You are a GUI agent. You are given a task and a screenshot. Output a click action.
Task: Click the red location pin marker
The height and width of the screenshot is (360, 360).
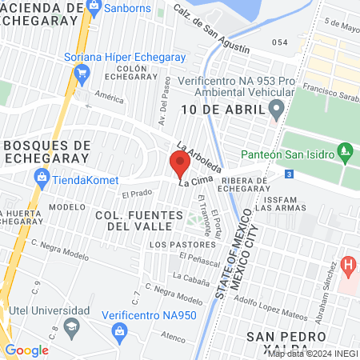pos(179,164)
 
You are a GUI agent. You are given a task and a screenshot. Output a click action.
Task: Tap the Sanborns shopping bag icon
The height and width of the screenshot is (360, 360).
pos(94,8)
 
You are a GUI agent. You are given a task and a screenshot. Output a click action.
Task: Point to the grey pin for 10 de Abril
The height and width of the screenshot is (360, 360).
pos(277,108)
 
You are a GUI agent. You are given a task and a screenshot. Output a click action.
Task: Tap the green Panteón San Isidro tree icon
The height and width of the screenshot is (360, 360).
pos(345,149)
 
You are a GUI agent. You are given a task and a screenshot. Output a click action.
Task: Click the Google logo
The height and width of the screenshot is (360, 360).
pos(26,350)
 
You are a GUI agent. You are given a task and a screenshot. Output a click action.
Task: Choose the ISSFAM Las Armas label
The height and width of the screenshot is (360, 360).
pos(280,202)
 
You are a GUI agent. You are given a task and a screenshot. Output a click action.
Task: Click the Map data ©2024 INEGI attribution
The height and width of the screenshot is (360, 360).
pos(312,354)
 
